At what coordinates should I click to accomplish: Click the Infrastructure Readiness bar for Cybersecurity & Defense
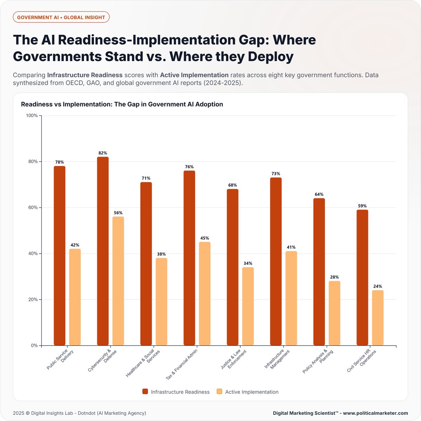[103, 251]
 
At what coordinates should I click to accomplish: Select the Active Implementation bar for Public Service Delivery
[75, 297]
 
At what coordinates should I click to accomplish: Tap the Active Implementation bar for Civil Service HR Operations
[378, 318]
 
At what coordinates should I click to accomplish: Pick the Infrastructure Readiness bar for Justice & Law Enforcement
[233, 267]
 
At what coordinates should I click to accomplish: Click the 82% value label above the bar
[103, 153]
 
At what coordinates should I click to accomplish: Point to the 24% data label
[378, 286]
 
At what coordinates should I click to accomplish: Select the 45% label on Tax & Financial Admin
[205, 238]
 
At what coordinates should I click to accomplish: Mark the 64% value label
[319, 194]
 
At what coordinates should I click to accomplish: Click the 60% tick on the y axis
[33, 208]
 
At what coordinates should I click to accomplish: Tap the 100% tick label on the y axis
[32, 115]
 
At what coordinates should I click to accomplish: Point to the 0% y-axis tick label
[34, 346]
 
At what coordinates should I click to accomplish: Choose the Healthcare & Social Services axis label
[143, 363]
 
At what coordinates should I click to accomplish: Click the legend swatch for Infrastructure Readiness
[145, 392]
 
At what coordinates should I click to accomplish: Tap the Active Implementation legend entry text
[252, 392]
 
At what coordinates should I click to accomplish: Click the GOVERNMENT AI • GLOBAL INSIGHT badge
[61, 17]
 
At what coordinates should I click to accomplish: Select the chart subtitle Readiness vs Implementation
[122, 104]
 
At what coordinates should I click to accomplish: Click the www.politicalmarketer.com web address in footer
[376, 413]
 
